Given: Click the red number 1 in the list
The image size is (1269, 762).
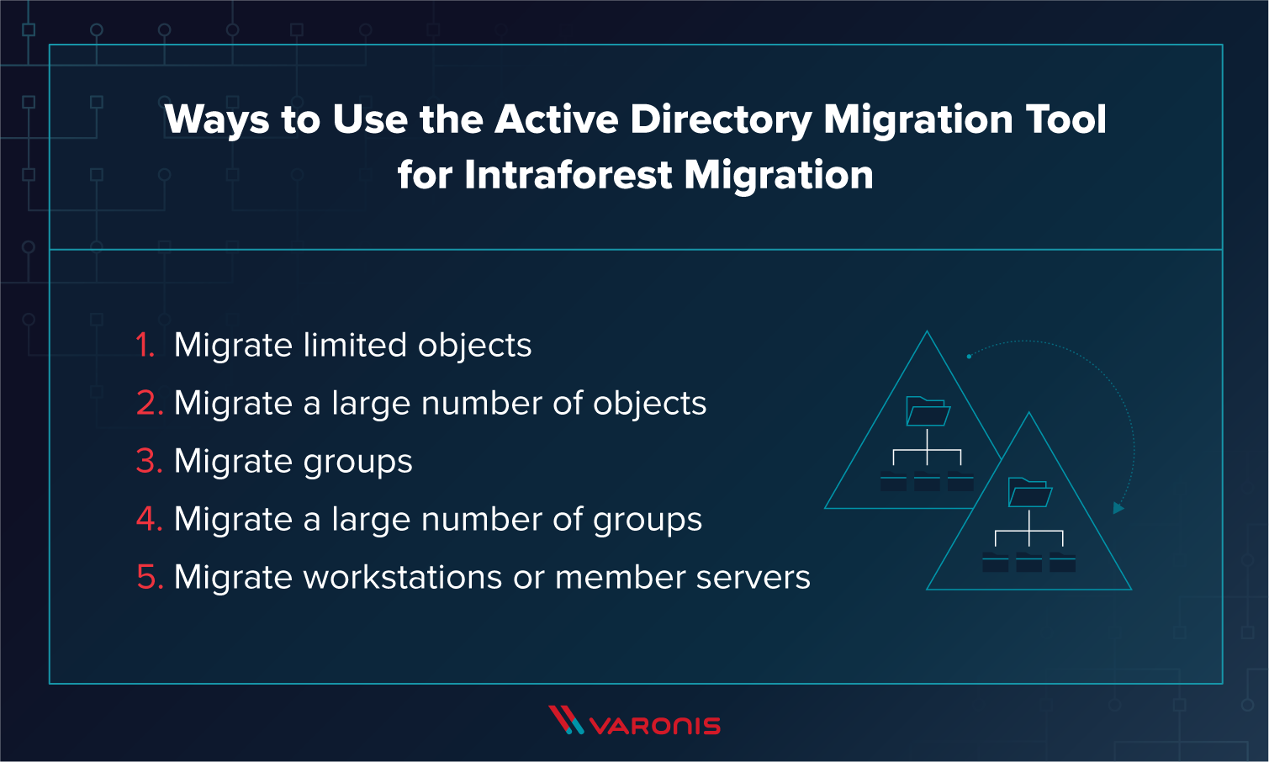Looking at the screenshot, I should pos(145,346).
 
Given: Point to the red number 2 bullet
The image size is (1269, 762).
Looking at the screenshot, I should pos(148,404).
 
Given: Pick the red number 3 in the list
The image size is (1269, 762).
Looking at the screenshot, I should pos(148,462).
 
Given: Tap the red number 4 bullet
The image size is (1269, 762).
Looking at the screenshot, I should pos(148,520).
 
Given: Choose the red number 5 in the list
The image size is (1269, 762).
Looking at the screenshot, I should pos(148,578).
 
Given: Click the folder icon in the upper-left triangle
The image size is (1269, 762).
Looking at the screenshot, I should pos(928,411).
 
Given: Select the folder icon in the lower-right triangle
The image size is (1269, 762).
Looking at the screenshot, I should pos(1029,492).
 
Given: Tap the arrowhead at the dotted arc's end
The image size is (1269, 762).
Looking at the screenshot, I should pos(1118,508).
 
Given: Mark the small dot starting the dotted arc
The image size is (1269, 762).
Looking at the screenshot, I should pos(969,357).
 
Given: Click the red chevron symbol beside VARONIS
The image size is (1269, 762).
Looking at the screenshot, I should pos(565,720).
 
